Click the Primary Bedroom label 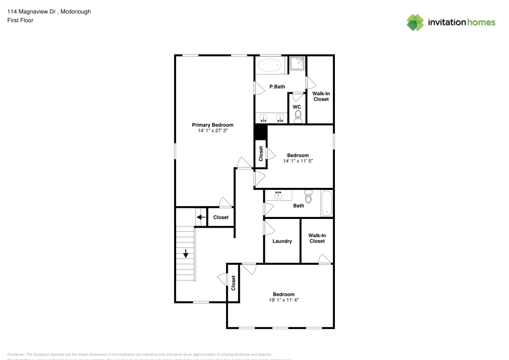click(212, 125)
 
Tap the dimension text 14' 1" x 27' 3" click(212, 131)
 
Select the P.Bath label click(277, 87)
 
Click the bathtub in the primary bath click(270, 65)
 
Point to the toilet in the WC click(298, 117)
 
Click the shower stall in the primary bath click(298, 64)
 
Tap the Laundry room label click(282, 241)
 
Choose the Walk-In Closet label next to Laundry click(317, 238)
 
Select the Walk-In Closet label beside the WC click(321, 96)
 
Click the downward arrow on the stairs click(186, 253)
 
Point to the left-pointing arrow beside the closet click(201, 217)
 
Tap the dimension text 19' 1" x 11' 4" click(284, 300)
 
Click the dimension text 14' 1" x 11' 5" click(298, 161)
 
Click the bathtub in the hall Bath click(326, 203)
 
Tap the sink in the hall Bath click(278, 195)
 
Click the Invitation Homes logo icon click(415, 22)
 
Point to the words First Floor click(20, 20)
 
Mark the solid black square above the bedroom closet click(261, 132)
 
